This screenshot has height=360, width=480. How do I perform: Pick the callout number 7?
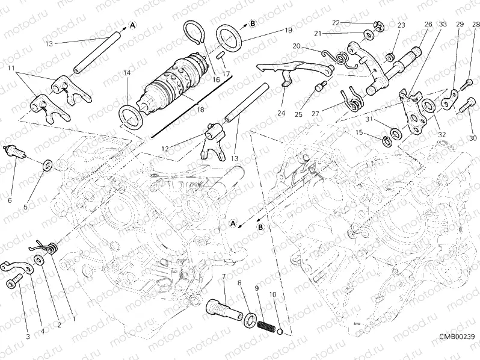tap(224, 277)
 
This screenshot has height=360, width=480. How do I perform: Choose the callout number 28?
tap(476, 24)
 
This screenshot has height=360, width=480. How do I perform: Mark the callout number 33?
tap(443, 24)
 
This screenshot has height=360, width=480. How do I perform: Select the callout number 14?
tap(127, 73)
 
